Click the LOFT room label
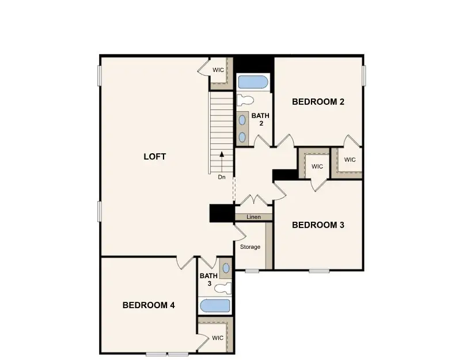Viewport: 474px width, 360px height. point(154,157)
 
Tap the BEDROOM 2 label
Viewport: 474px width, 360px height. point(318,102)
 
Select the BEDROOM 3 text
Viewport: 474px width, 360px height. point(318,225)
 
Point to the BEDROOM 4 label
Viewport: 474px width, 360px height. point(149,305)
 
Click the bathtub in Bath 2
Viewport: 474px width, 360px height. point(253,82)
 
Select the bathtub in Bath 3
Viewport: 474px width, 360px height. point(214,306)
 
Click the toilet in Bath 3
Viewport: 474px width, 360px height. point(225,287)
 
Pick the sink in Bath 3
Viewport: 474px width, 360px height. point(225,268)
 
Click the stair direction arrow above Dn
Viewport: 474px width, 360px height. point(222,158)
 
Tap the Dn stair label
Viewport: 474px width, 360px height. point(222,177)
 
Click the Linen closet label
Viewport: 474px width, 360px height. point(253,217)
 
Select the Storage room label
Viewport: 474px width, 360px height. point(250,247)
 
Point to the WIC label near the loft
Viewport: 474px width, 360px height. point(218,70)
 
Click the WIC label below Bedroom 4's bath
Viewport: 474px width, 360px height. point(217,338)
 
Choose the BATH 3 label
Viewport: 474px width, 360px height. point(208,279)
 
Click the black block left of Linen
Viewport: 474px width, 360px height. point(222,213)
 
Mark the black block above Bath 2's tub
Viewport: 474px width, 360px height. point(253,63)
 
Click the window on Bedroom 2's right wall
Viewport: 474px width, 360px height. point(364,75)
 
